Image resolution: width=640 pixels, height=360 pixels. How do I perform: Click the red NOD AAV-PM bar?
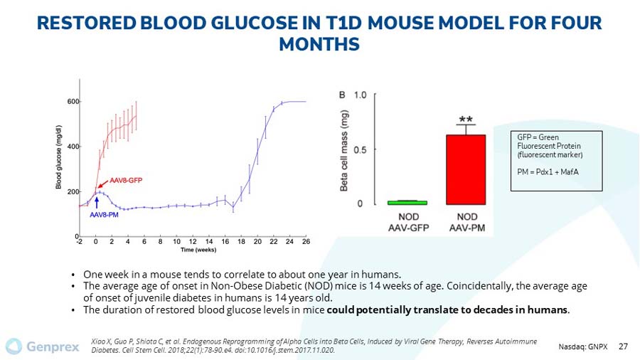point(465,169)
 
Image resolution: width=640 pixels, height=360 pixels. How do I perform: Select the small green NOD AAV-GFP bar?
point(402,203)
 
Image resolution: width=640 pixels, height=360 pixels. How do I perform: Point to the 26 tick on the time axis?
point(306,242)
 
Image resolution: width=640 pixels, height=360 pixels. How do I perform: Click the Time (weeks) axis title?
point(198,250)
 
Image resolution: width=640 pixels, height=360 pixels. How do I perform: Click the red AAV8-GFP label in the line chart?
point(125,181)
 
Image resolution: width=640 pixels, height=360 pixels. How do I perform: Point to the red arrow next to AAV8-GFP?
point(105,184)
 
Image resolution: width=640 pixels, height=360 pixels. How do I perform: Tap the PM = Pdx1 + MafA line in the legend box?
point(540,171)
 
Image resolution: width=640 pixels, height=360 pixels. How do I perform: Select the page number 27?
point(623,346)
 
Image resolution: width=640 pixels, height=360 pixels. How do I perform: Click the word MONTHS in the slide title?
point(319,44)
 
